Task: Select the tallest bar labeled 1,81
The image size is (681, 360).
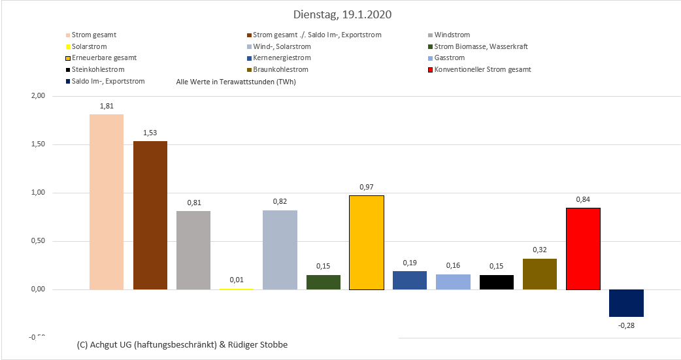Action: pyautogui.click(x=107, y=202)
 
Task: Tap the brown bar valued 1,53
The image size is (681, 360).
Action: pyautogui.click(x=150, y=215)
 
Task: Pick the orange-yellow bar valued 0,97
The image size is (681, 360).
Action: pyautogui.click(x=367, y=242)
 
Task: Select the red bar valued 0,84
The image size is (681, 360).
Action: pyautogui.click(x=583, y=248)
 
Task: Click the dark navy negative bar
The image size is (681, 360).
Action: pyautogui.click(x=626, y=303)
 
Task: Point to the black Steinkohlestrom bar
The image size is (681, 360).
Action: pyautogui.click(x=497, y=282)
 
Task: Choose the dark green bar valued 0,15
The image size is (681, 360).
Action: pyautogui.click(x=324, y=282)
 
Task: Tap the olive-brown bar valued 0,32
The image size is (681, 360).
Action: pyautogui.click(x=540, y=274)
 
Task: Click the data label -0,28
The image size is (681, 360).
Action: pyautogui.click(x=626, y=325)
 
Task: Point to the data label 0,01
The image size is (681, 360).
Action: pyautogui.click(x=237, y=280)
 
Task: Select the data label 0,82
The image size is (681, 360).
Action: pyautogui.click(x=280, y=202)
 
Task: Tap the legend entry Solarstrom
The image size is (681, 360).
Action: pyautogui.click(x=89, y=47)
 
